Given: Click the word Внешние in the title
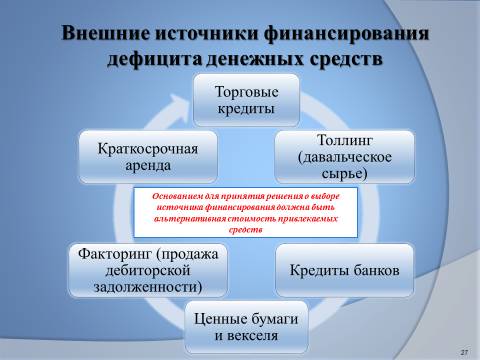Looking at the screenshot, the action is [106, 34].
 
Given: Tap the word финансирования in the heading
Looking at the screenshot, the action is [347, 34].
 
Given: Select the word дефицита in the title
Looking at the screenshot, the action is [154, 60].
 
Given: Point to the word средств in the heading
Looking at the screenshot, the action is [346, 59].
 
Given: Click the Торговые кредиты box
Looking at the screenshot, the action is [246, 100].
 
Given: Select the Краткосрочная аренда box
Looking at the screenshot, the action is [148, 157].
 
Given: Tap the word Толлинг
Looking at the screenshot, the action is [344, 140].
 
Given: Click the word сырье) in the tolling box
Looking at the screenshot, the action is [344, 174].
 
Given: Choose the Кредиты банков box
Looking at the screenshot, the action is [345, 270].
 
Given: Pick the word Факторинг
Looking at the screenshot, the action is [115, 254].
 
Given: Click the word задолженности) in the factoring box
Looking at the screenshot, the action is [148, 287].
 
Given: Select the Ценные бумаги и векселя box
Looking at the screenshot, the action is [246, 327].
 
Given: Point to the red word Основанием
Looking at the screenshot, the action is [174, 196].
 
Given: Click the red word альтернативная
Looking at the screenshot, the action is [190, 219].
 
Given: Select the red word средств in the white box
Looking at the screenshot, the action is [246, 230].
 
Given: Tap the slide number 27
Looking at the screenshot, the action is [464, 352].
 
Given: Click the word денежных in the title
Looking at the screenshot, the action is [256, 60].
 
